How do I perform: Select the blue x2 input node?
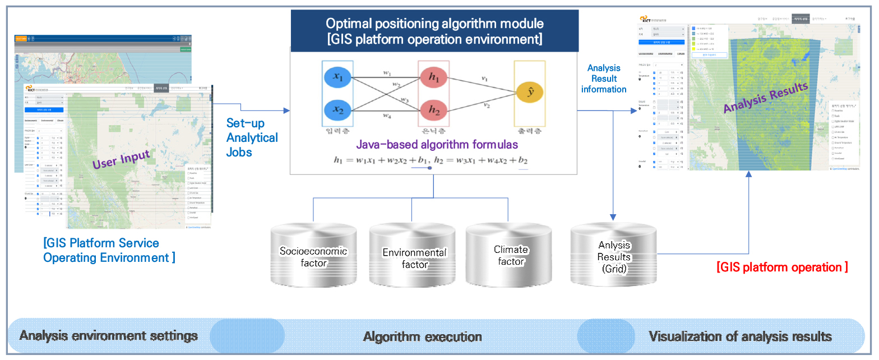(337, 109)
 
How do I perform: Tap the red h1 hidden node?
(434, 79)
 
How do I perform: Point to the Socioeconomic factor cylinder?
(313, 256)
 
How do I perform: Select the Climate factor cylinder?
(510, 255)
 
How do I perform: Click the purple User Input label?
(121, 159)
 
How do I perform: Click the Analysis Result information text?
(604, 79)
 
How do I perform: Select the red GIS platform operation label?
(782, 267)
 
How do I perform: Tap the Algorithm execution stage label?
(422, 337)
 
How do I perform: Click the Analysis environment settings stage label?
(109, 336)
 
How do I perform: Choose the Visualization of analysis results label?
(740, 337)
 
